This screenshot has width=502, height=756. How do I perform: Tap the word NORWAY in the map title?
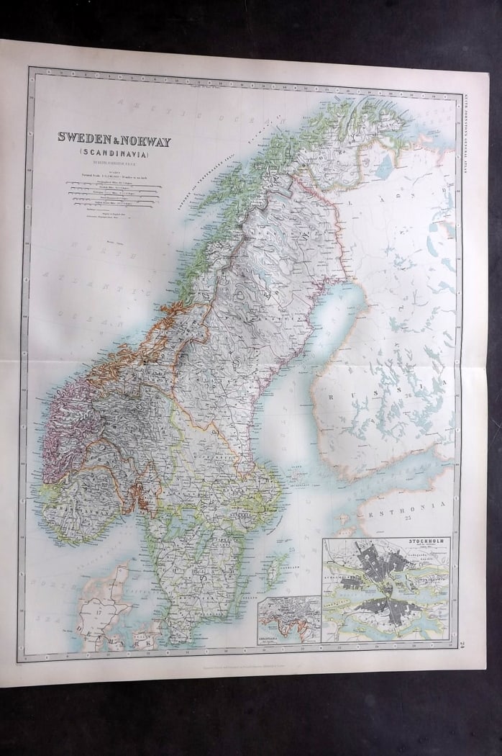[147, 142]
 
